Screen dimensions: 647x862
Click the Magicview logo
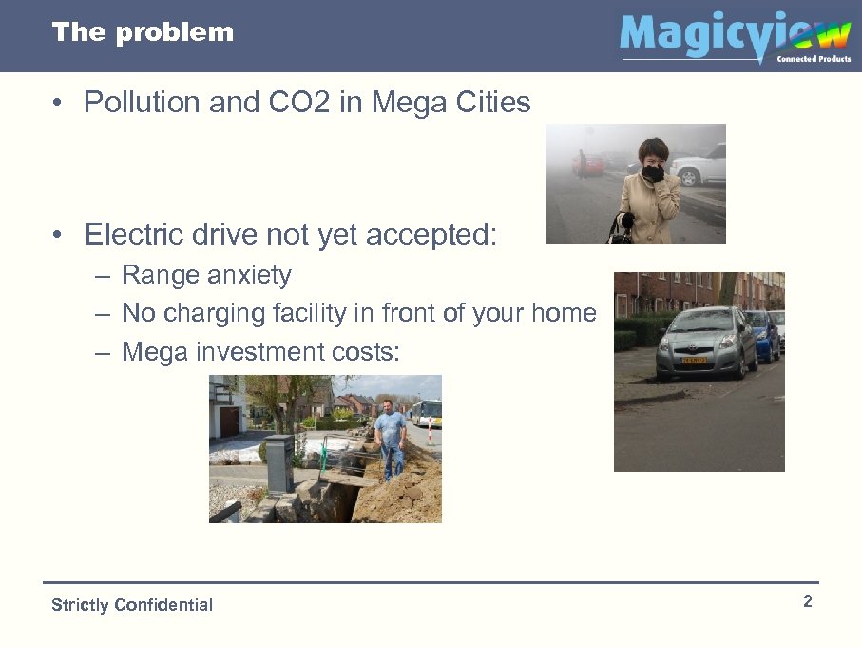tap(734, 36)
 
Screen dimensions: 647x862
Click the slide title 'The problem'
tap(143, 32)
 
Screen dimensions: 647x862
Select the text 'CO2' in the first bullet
tap(283, 103)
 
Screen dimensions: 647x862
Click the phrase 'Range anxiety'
tap(206, 276)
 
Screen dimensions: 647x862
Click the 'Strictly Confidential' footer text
tap(132, 605)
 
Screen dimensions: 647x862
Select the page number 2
tap(807, 601)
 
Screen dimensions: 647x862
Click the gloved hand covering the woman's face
tap(653, 172)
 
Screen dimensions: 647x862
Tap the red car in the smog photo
tap(589, 165)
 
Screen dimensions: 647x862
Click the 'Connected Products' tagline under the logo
tap(814, 59)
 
